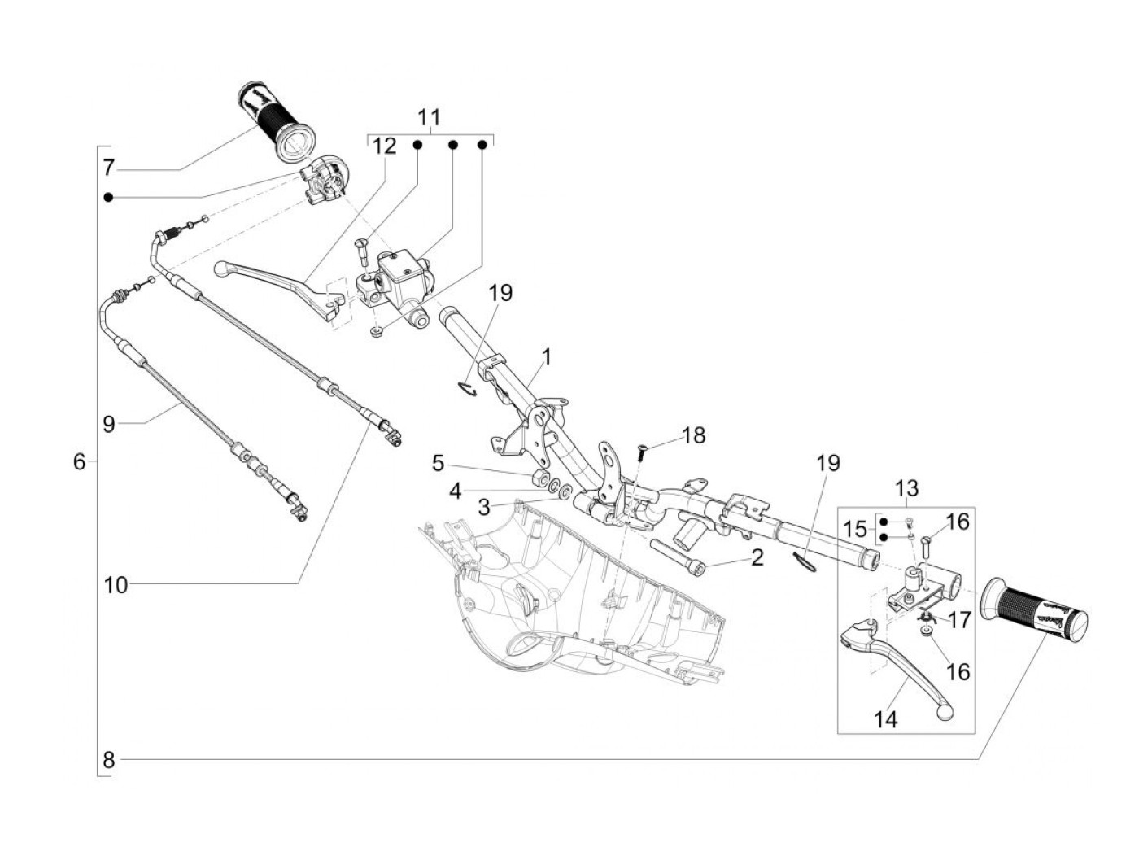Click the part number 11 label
[x=429, y=117]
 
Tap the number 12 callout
[x=385, y=146]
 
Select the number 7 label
[x=108, y=168]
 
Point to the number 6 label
[x=79, y=461]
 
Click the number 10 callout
[x=116, y=585]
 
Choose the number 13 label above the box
[x=906, y=487]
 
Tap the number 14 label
[x=885, y=719]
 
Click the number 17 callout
[x=958, y=620]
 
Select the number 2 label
[x=757, y=557]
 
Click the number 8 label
[x=108, y=761]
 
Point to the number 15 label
[x=854, y=530]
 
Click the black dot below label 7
[x=108, y=197]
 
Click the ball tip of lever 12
[x=222, y=269]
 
